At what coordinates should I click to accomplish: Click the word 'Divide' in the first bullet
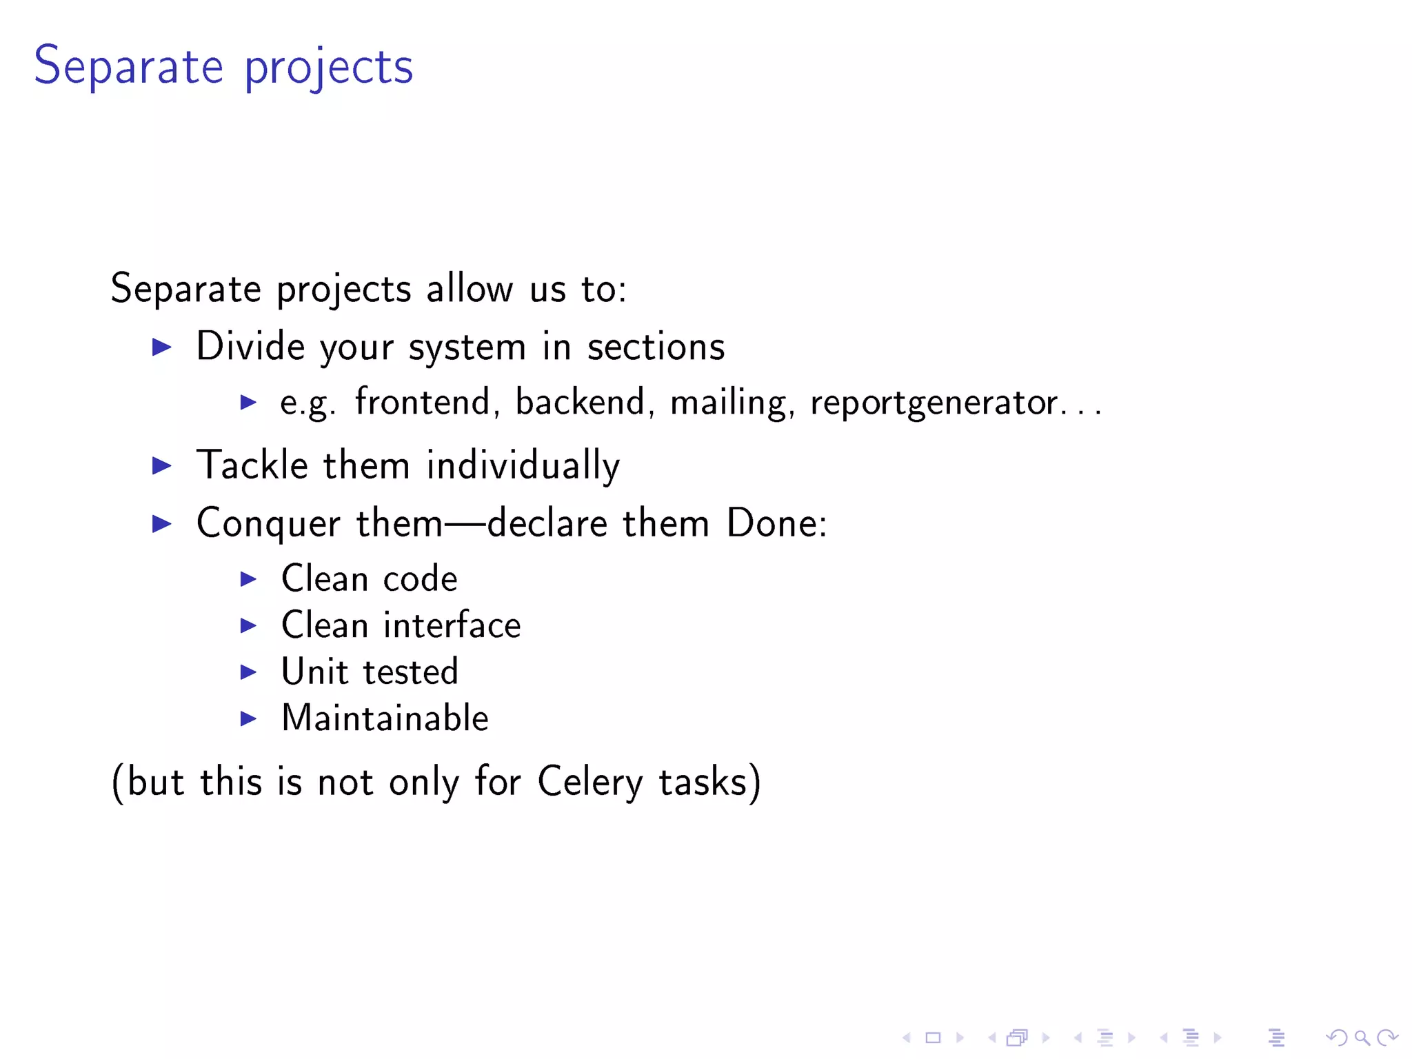[250, 346]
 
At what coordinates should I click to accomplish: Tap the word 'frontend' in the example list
[423, 402]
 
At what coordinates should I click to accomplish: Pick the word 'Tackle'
[252, 465]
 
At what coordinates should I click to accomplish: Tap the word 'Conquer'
[268, 523]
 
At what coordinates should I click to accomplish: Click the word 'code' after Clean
[420, 579]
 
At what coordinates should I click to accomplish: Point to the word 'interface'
[452, 625]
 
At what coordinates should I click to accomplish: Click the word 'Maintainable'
[385, 718]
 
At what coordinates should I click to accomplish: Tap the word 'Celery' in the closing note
[589, 783]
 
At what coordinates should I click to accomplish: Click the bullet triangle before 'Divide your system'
[162, 347]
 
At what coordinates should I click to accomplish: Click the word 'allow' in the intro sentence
[470, 288]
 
